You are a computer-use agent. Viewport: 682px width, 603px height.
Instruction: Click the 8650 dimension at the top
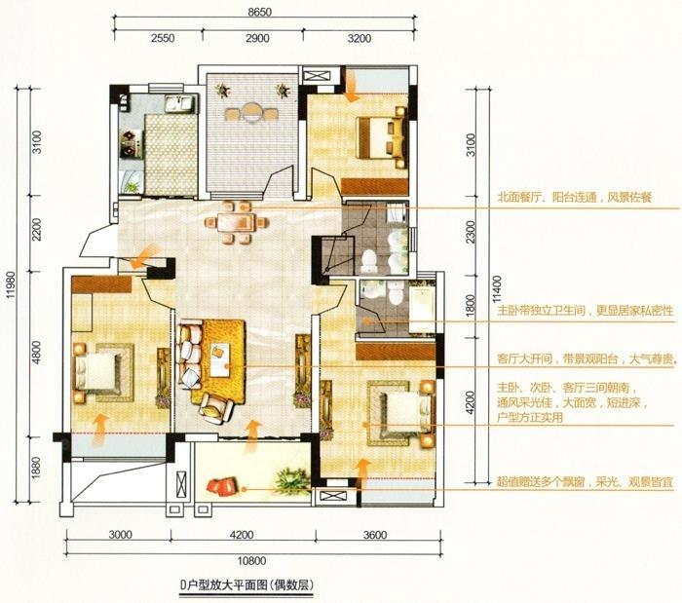pyautogui.click(x=260, y=12)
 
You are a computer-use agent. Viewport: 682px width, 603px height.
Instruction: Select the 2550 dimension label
pyautogui.click(x=163, y=38)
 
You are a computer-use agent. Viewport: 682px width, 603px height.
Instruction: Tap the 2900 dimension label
pyautogui.click(x=257, y=38)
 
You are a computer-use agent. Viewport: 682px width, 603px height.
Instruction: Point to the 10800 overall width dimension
pyautogui.click(x=251, y=561)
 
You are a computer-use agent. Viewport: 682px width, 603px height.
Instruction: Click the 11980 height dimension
pyautogui.click(x=11, y=285)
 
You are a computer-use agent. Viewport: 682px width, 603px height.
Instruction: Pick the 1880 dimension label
pyautogui.click(x=36, y=468)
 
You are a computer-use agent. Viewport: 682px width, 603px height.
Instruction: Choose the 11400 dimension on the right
pyautogui.click(x=497, y=288)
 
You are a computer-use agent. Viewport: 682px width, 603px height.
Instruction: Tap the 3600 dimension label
pyautogui.click(x=375, y=534)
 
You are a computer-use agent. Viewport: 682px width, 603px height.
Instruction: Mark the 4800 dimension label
pyautogui.click(x=36, y=353)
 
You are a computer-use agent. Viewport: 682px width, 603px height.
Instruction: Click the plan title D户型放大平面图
pyautogui.click(x=246, y=585)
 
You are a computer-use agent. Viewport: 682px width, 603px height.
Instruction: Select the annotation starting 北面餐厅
pyautogui.click(x=575, y=198)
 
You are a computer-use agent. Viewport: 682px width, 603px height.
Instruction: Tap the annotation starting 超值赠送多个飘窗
pyautogui.click(x=585, y=481)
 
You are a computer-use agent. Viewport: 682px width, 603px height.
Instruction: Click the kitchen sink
pyautogui.click(x=178, y=104)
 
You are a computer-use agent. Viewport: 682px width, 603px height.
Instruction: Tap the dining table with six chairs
pyautogui.click(x=235, y=222)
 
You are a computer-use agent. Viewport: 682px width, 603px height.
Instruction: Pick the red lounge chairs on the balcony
pyautogui.click(x=222, y=486)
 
